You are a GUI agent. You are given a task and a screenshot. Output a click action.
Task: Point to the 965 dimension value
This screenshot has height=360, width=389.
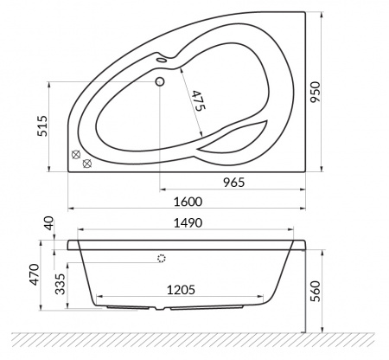pyautogui.click(x=233, y=181)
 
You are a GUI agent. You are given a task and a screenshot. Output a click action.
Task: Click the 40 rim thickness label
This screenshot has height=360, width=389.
pyautogui.click(x=48, y=223)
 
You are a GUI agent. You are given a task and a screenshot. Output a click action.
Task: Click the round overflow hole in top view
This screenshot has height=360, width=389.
pyautogui.click(x=160, y=83)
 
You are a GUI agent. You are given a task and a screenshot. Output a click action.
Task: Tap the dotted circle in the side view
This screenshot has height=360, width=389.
pyautogui.click(x=161, y=258)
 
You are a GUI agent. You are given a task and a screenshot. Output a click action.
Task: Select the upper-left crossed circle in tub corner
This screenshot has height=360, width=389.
pyautogui.click(x=76, y=155)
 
